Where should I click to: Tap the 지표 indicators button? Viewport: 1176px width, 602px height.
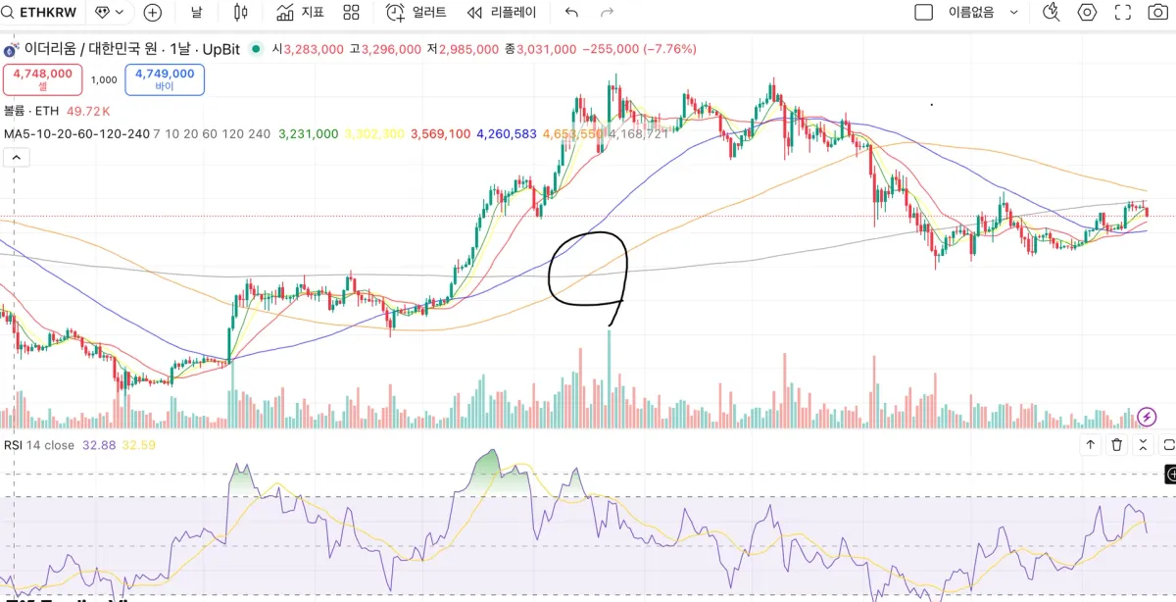click(x=300, y=13)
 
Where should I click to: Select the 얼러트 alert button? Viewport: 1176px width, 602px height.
click(x=416, y=13)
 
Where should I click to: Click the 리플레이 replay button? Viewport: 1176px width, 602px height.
click(x=501, y=13)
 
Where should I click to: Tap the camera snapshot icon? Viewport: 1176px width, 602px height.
click(x=1157, y=13)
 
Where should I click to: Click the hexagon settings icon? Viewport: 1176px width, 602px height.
click(x=1087, y=13)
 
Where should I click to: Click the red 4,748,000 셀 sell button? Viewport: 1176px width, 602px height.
click(x=42, y=79)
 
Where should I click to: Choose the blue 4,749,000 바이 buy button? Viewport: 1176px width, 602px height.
click(x=165, y=79)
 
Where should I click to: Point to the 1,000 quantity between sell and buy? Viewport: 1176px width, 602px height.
click(x=104, y=80)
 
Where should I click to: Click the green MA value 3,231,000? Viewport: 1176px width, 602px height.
click(x=309, y=133)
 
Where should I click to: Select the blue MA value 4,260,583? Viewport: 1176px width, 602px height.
click(x=507, y=133)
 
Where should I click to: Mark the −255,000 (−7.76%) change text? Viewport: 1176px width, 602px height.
click(x=639, y=49)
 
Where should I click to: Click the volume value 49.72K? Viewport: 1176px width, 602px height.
click(x=88, y=111)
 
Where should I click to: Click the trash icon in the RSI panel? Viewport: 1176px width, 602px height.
click(x=1116, y=445)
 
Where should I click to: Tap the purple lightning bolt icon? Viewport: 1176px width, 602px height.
click(x=1148, y=418)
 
